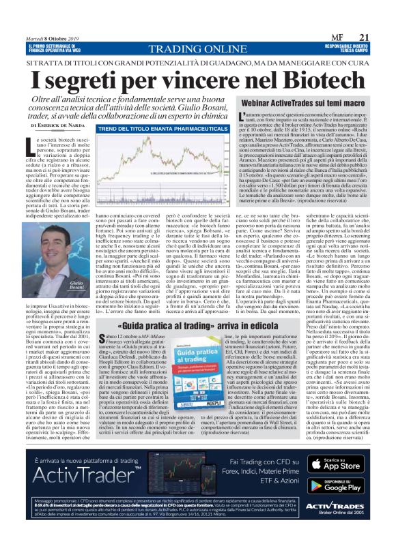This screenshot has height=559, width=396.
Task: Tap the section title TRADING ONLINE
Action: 198,49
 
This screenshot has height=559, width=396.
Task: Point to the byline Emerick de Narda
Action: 56,125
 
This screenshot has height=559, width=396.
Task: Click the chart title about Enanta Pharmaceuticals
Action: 137,128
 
